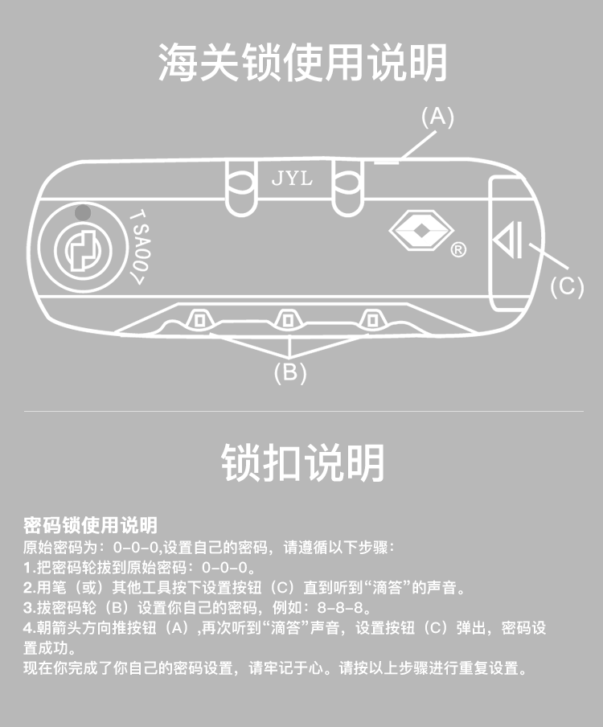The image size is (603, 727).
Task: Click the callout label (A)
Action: coord(437,117)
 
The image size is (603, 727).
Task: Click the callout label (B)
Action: coord(290,373)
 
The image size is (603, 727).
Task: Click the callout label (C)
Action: coord(567,286)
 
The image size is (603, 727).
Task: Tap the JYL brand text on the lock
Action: coord(292,178)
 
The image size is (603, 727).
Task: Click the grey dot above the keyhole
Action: coord(83,213)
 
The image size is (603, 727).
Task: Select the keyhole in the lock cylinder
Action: coord(83,250)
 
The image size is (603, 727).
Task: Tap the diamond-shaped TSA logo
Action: coord(421,231)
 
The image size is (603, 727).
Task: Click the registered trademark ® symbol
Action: coord(458,250)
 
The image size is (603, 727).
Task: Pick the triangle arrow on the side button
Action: coord(508,240)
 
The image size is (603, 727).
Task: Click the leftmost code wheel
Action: coord(199,319)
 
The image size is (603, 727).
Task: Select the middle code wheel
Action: coord(288,319)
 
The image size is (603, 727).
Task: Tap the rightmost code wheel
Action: coord(372,319)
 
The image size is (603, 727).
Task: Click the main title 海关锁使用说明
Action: coord(302,63)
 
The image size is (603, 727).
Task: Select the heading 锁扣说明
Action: coord(302,462)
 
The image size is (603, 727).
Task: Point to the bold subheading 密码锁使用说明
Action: coord(90,525)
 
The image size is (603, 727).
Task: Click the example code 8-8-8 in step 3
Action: coord(341,607)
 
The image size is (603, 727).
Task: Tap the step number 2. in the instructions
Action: coord(29,588)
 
